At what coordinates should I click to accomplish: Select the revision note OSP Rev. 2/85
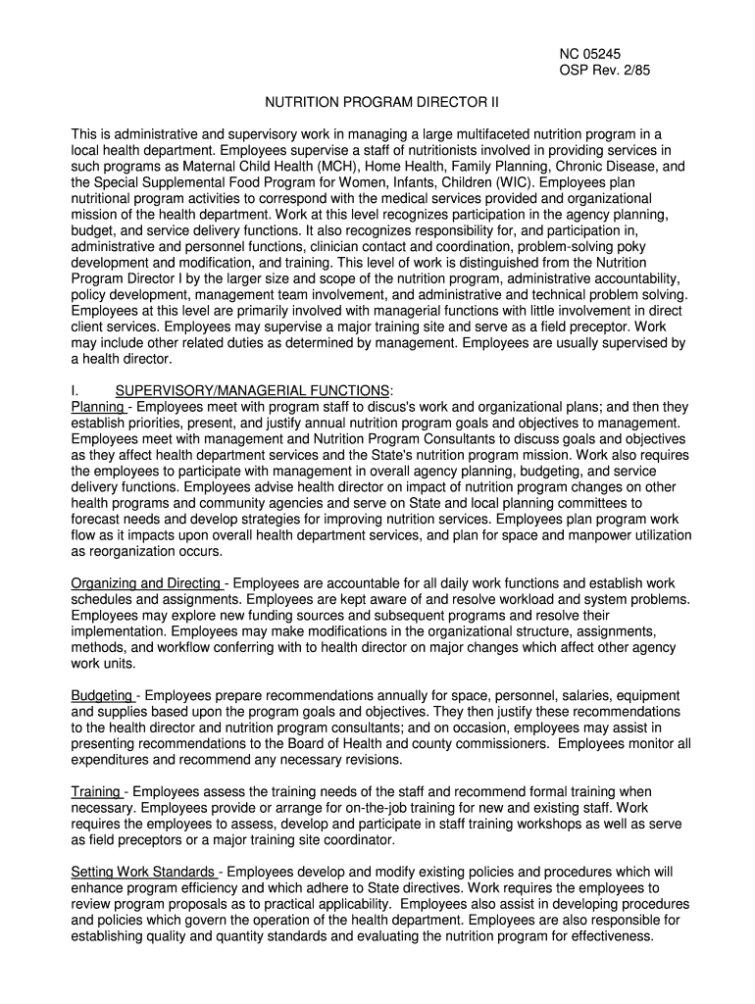click(597, 72)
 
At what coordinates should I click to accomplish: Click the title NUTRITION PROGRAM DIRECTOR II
click(377, 103)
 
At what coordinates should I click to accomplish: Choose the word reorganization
click(128, 551)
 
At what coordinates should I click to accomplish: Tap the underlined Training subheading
click(97, 791)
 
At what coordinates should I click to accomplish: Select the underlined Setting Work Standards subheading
click(144, 872)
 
